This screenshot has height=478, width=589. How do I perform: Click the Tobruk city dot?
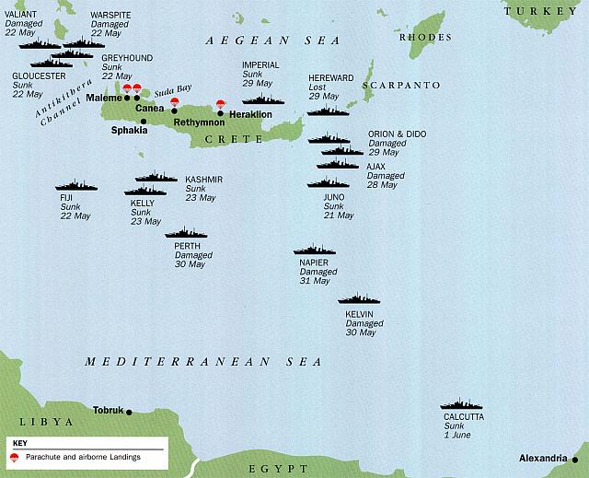click(x=130, y=412)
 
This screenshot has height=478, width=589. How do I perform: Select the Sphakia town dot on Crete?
click(x=144, y=121)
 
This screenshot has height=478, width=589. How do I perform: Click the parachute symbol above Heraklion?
click(x=220, y=104)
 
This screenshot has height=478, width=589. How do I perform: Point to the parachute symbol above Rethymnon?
click(x=174, y=102)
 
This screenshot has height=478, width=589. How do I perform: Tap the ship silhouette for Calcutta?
click(x=462, y=404)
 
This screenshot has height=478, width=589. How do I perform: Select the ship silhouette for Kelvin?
click(x=360, y=298)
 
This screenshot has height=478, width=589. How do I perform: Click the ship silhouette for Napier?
click(x=315, y=250)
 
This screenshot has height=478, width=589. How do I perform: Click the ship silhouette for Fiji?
click(x=76, y=185)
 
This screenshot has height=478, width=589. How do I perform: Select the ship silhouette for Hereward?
click(x=329, y=111)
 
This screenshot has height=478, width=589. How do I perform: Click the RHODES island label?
click(x=432, y=38)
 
